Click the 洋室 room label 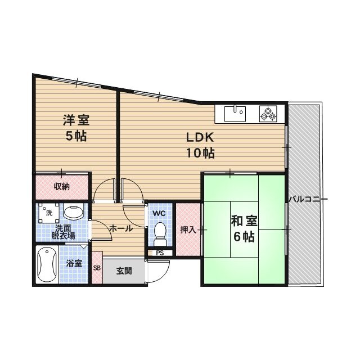pyautogui.click(x=75, y=120)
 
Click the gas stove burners pyautogui.click(x=268, y=114)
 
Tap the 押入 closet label pyautogui.click(x=187, y=230)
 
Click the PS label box pyautogui.click(x=160, y=253)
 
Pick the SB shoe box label pyautogui.click(x=96, y=268)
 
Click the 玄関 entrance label pyautogui.click(x=124, y=271)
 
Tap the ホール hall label pyautogui.click(x=121, y=228)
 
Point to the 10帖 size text pyautogui.click(x=200, y=152)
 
